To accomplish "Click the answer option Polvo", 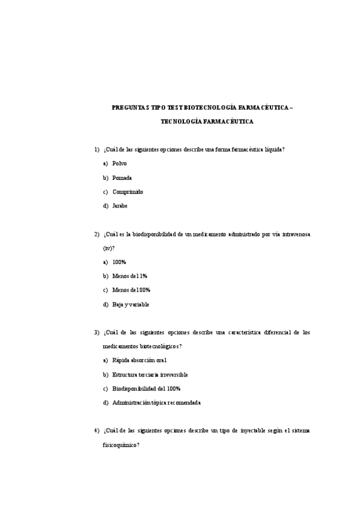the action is (x=120, y=164).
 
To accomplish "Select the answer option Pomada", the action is (x=122, y=178).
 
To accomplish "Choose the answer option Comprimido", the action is (x=127, y=192).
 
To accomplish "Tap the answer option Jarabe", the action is (x=120, y=206).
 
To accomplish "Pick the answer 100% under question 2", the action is (x=119, y=262).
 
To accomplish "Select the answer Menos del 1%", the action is (x=130, y=276).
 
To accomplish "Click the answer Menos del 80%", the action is (x=131, y=290).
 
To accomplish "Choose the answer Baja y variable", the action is (x=130, y=304).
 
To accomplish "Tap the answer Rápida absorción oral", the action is (x=139, y=360).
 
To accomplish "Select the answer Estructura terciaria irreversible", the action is (x=150, y=375).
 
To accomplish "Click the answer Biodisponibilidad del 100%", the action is (x=146, y=389).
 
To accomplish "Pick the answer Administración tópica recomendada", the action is (x=156, y=402).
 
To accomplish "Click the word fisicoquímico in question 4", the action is (x=121, y=445).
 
